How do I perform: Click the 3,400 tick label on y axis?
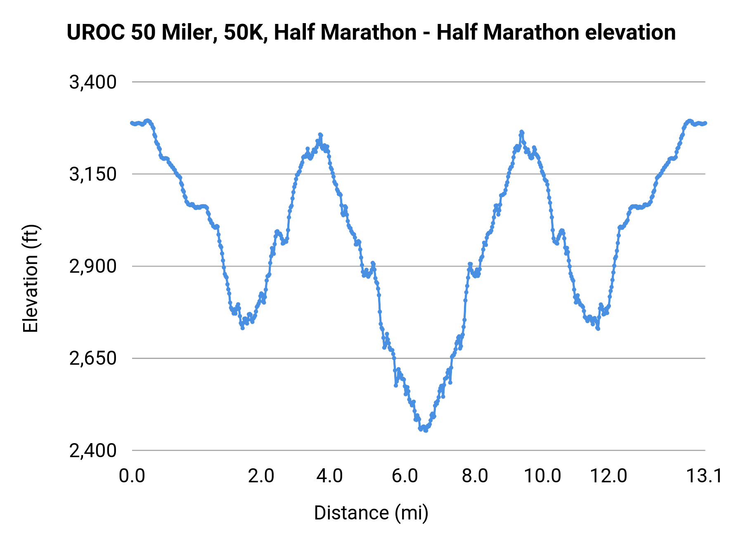pos(93,82)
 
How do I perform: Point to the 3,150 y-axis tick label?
pos(93,174)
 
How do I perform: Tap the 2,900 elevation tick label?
pos(93,267)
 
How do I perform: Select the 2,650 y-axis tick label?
pos(93,359)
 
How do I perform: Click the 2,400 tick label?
pos(93,451)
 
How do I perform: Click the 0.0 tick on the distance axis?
pos(132,476)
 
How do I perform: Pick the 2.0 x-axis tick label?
pos(261,476)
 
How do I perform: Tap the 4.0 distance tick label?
pos(329,476)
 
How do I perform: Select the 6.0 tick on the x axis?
pos(405,476)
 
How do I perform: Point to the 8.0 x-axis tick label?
pos(475,476)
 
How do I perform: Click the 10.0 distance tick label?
pos(542,476)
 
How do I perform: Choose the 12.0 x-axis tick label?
pos(609,476)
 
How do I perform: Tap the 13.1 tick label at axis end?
pos(704,476)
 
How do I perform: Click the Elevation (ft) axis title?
pos(31,278)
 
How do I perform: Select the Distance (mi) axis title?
pos(371,513)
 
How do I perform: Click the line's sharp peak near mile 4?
pos(320,135)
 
